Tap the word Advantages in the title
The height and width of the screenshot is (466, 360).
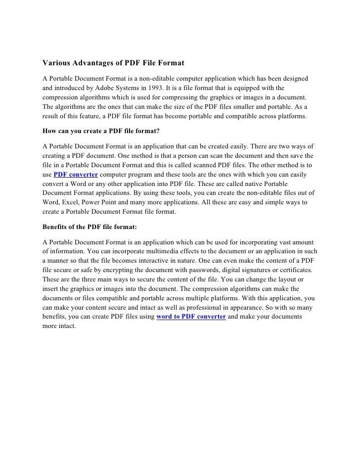pos(98,64)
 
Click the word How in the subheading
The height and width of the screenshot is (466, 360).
pos(49,132)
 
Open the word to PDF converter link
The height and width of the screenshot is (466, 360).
pos(191,317)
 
